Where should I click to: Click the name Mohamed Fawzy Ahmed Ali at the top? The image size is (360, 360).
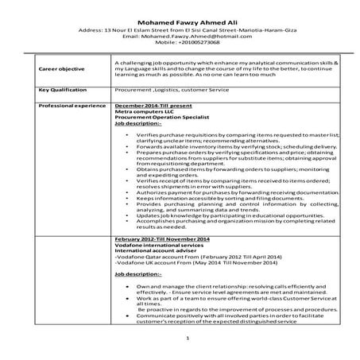(179, 21)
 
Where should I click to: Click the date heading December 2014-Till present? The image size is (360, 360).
(155, 105)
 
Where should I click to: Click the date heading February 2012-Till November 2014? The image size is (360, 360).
(163, 239)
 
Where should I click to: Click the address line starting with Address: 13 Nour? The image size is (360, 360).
(180, 30)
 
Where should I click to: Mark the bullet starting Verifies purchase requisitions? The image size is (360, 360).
(230, 137)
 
